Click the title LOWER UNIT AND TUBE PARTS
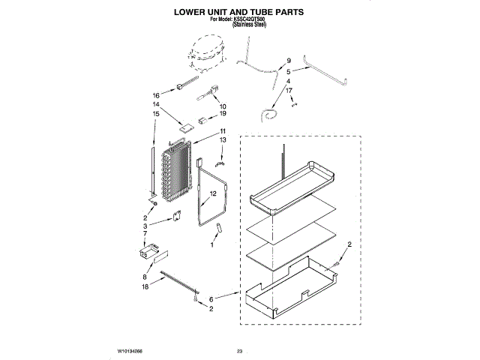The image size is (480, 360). (x=239, y=13)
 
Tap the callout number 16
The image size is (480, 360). (x=157, y=96)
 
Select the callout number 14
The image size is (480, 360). (x=157, y=105)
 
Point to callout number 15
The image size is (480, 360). (x=157, y=114)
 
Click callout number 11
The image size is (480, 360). (x=223, y=131)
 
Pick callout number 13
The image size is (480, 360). (x=223, y=140)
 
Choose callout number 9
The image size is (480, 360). (x=288, y=60)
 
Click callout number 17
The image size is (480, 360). (x=288, y=90)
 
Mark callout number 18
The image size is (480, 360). (x=145, y=286)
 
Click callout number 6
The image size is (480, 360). (x=211, y=298)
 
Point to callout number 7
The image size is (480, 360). (x=145, y=233)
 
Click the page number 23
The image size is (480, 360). (x=240, y=351)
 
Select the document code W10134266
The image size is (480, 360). (x=130, y=351)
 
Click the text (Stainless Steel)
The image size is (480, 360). (x=250, y=25)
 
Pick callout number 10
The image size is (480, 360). (x=223, y=106)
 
